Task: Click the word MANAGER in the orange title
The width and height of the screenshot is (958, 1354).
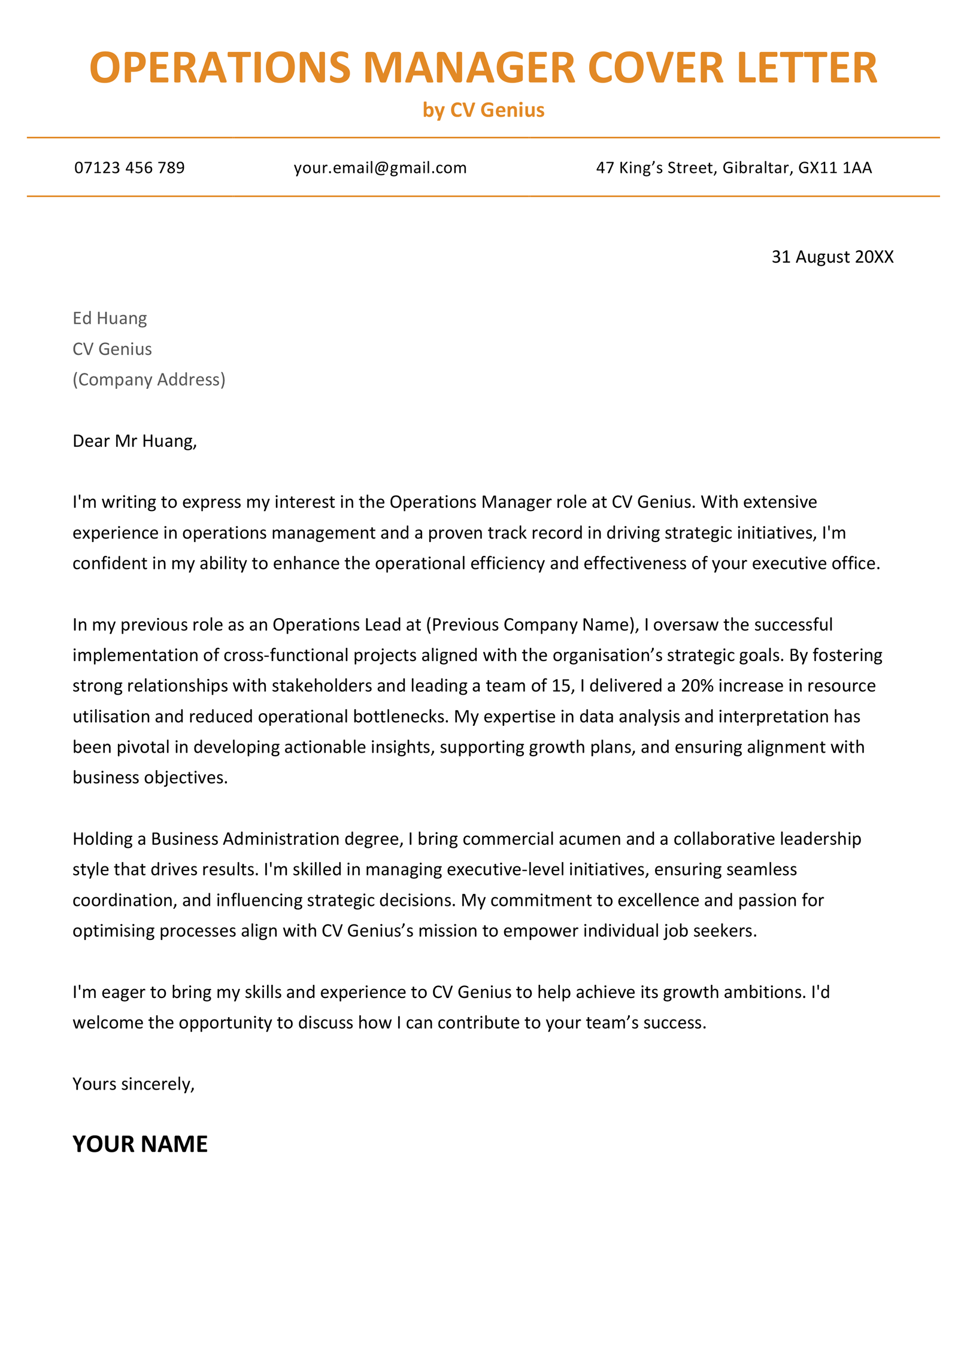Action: [469, 68]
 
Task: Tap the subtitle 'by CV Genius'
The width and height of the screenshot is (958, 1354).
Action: [483, 110]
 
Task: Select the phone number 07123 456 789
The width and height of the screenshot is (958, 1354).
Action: [129, 168]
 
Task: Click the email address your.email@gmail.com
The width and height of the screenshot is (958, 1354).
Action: [380, 168]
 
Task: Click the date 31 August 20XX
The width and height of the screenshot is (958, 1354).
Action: [832, 257]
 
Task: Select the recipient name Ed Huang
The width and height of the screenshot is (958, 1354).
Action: [110, 318]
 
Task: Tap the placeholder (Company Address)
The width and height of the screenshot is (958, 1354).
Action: [148, 379]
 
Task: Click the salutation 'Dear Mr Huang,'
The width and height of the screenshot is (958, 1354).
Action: [134, 441]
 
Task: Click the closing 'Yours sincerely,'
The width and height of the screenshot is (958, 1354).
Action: [134, 1084]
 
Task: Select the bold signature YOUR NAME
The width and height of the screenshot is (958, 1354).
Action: [140, 1144]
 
